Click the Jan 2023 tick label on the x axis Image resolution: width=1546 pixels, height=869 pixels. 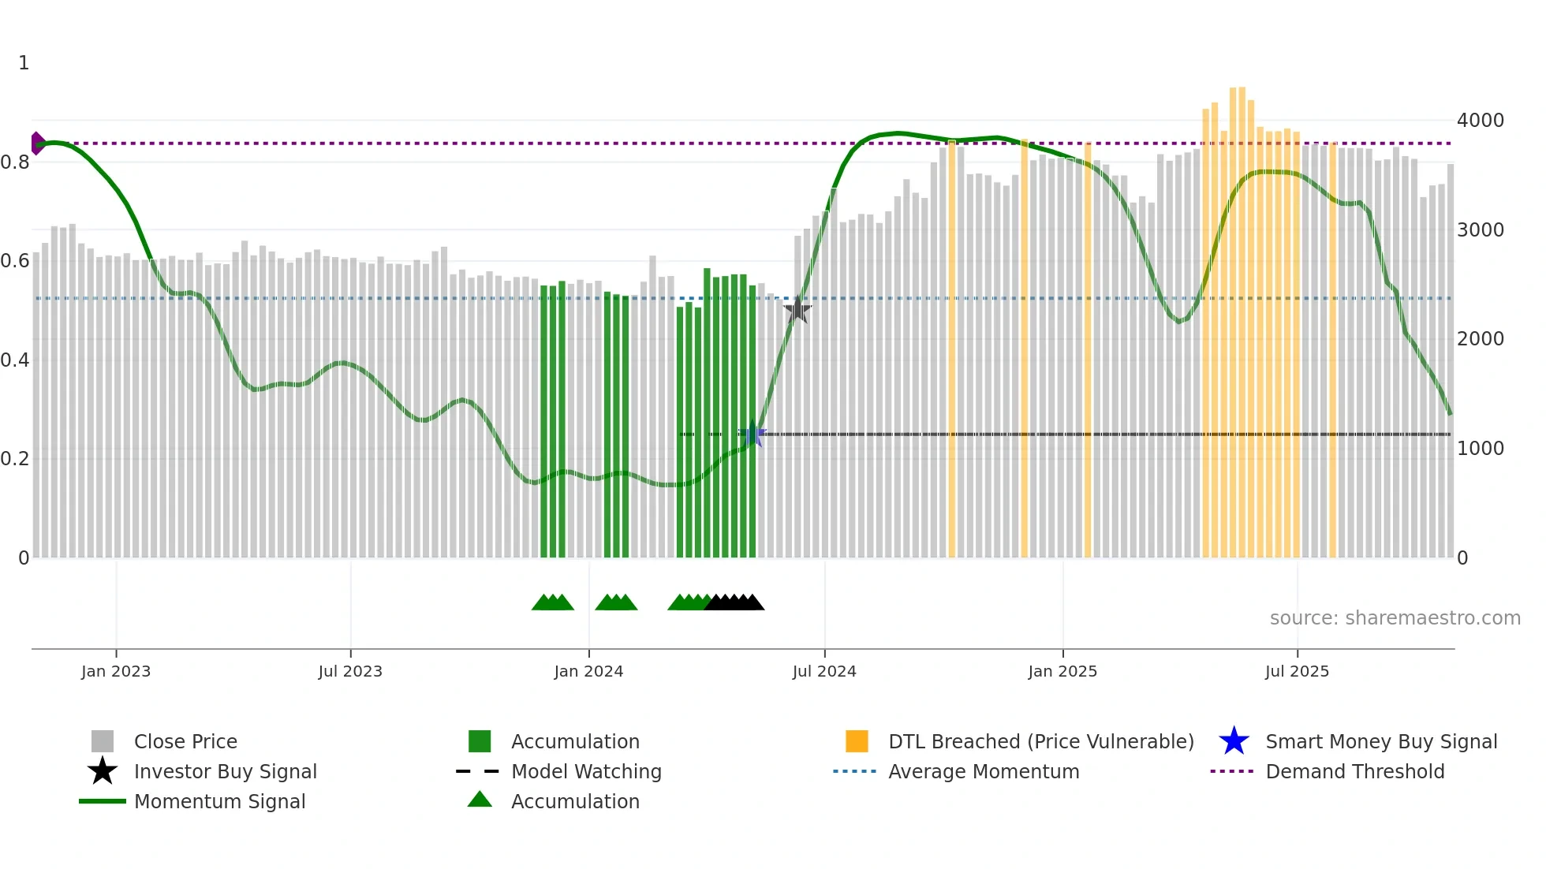116,671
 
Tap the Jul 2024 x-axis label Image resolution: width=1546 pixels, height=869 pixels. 824,671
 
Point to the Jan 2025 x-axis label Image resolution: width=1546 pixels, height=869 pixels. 1062,671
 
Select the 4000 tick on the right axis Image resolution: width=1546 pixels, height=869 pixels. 1481,121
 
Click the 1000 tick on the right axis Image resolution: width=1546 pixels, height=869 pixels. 1481,449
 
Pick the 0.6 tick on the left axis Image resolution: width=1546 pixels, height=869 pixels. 15,261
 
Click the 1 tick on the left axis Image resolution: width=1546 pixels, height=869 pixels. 24,63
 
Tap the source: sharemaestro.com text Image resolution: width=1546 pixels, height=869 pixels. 1395,618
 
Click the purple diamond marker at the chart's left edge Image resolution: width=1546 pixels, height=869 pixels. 37,144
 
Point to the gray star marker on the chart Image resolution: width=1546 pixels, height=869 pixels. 797,310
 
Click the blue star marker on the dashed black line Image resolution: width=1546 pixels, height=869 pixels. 752,434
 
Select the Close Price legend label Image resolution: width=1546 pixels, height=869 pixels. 185,741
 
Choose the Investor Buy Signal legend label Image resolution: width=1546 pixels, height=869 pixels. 226,771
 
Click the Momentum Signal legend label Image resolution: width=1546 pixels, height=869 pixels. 219,801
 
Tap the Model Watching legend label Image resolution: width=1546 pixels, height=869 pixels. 586,771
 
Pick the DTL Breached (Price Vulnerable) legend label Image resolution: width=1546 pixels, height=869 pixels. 1041,741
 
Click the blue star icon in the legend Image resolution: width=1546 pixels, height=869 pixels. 1234,741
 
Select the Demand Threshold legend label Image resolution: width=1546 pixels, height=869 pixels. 1355,771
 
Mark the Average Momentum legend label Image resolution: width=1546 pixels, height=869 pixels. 984,771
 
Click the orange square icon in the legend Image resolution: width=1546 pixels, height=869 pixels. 857,741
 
